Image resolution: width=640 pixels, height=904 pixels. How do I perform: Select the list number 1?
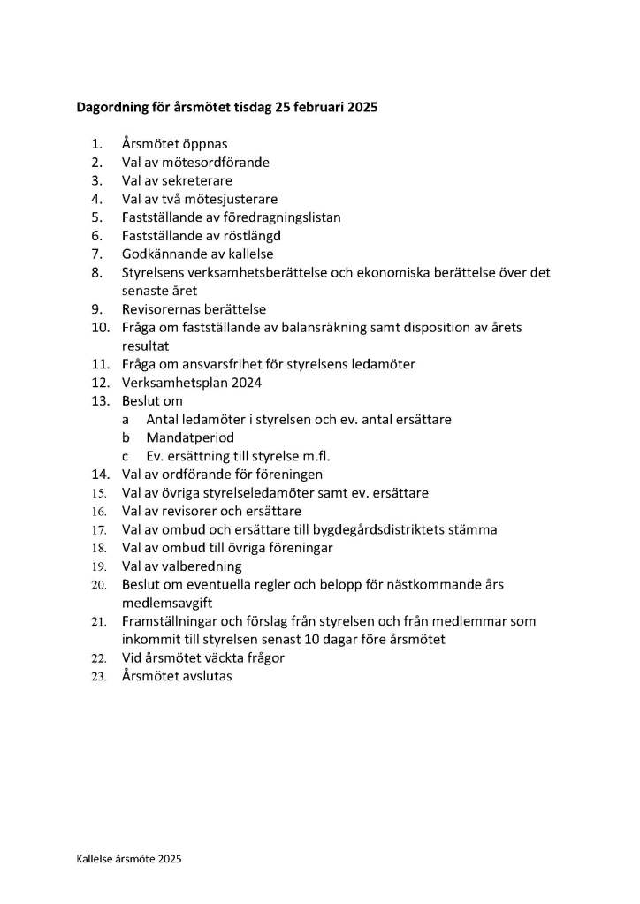(x=95, y=144)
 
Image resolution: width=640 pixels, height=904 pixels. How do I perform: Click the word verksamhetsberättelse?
(x=264, y=273)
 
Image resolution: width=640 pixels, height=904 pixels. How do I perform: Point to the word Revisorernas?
(x=162, y=309)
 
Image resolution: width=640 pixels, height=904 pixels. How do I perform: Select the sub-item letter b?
(x=126, y=437)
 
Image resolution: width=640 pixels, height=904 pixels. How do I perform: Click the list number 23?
(x=99, y=677)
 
